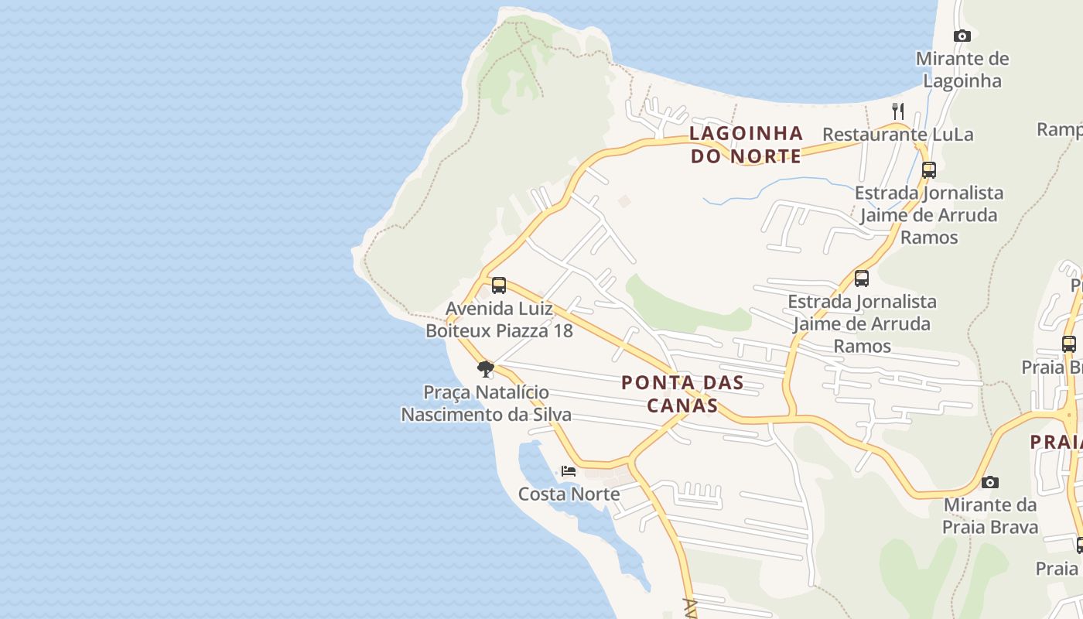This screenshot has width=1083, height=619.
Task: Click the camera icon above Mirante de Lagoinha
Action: click(962, 36)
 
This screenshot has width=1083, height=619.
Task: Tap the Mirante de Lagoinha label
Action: click(962, 70)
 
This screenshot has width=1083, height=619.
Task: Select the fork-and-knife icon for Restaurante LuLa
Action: click(898, 111)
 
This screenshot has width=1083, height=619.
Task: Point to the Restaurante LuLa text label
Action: click(897, 135)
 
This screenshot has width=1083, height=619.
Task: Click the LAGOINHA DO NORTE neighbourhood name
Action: click(746, 145)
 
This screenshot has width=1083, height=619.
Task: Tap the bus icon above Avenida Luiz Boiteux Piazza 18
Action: click(499, 286)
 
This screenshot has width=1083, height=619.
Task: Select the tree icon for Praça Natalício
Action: click(485, 369)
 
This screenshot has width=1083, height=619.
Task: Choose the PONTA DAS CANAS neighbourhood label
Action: click(682, 393)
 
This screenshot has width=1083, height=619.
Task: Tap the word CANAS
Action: click(682, 405)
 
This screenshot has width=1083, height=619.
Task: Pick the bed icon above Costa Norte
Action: click(569, 470)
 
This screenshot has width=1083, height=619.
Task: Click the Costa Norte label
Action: click(569, 494)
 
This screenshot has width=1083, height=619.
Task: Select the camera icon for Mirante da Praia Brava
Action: click(989, 483)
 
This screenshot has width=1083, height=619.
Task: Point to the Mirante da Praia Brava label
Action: click(989, 516)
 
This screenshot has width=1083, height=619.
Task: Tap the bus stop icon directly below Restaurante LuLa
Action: click(928, 170)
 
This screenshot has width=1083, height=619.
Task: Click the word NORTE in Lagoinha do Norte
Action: click(766, 156)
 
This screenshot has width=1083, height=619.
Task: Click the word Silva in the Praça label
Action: click(552, 415)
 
